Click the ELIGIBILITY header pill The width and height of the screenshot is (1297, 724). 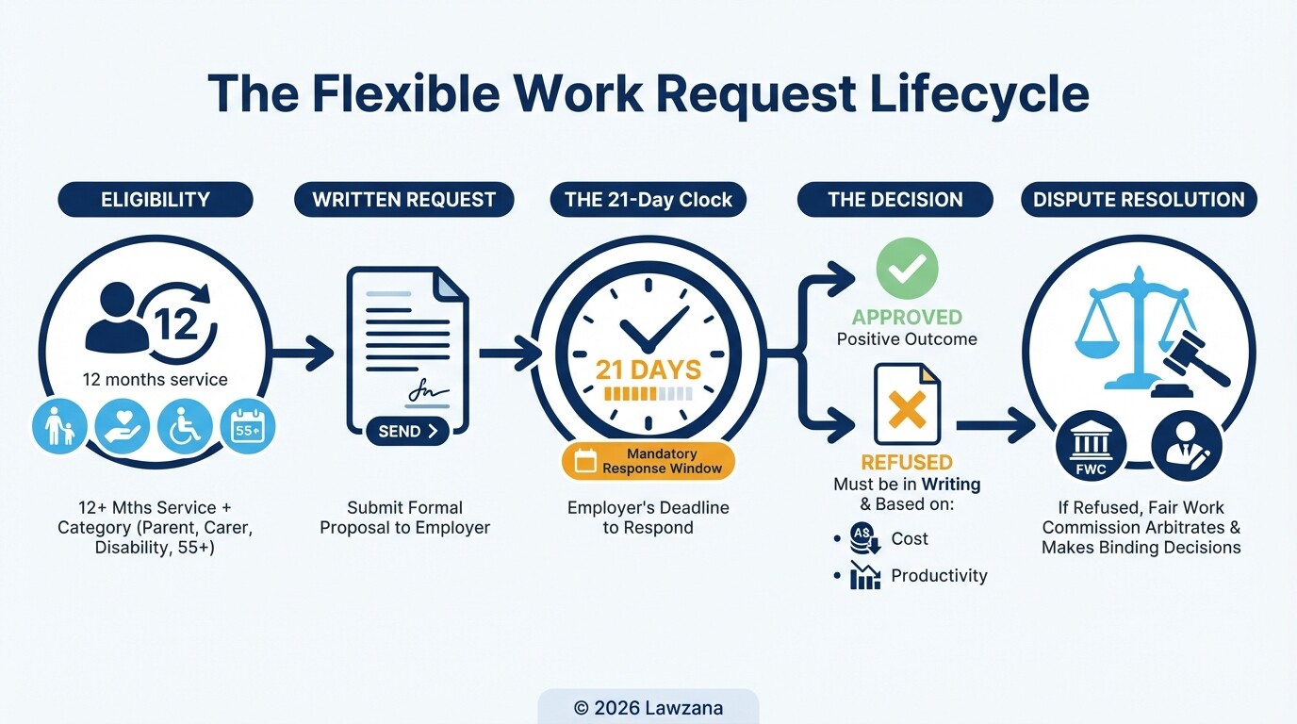155,200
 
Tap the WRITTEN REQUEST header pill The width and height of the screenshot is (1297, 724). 403,200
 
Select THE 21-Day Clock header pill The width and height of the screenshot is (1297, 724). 648,200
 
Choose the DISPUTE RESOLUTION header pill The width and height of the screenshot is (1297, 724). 1139,200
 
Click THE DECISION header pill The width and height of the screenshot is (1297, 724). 895,200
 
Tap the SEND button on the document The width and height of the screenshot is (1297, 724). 407,431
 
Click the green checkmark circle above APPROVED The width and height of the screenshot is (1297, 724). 907,269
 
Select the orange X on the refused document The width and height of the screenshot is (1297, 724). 907,408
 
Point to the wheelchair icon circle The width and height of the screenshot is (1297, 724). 185,426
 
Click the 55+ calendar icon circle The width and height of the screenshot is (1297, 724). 248,426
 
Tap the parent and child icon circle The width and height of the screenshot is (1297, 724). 59,426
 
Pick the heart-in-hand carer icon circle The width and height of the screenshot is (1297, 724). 123,426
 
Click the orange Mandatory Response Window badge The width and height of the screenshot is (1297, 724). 648,461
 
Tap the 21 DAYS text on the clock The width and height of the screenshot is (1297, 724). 648,370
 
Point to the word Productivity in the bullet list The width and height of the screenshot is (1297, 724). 939,575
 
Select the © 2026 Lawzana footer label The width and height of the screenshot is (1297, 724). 648,707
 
